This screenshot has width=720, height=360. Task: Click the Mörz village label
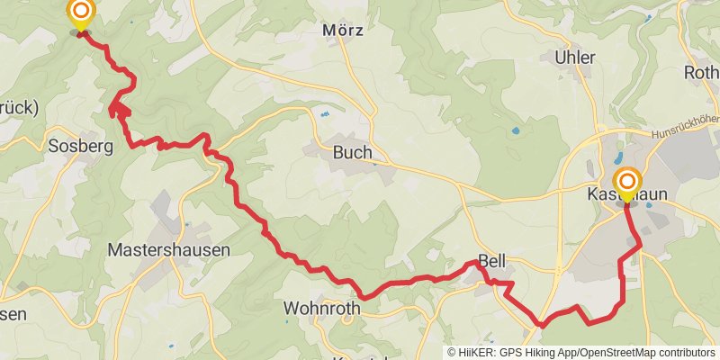point(343,30)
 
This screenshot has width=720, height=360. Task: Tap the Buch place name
point(352,153)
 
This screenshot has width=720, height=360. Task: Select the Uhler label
point(576,58)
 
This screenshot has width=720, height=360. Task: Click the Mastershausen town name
point(168,249)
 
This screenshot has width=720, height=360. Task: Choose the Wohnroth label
point(321,308)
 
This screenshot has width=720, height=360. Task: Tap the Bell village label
point(492,262)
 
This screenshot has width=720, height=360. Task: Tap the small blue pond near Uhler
point(515,131)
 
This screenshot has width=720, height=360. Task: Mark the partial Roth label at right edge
point(702,72)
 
